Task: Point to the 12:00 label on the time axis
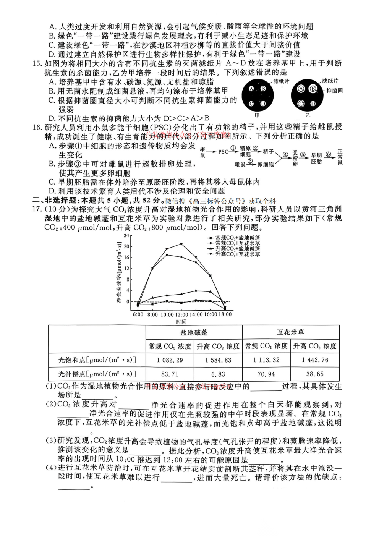coord(181,314)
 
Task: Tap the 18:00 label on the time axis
coord(225,314)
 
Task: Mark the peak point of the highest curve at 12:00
coord(181,244)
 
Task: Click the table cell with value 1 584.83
coord(218,360)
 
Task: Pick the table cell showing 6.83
coord(218,374)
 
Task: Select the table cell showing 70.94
coord(266,374)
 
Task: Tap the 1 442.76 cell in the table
coord(315,360)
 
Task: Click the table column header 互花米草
coord(290,332)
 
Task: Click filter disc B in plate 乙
coord(313,89)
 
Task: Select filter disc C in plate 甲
coord(251,104)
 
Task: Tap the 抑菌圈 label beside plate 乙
coord(334,91)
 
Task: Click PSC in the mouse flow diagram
coord(223,152)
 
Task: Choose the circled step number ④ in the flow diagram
coord(285,155)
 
